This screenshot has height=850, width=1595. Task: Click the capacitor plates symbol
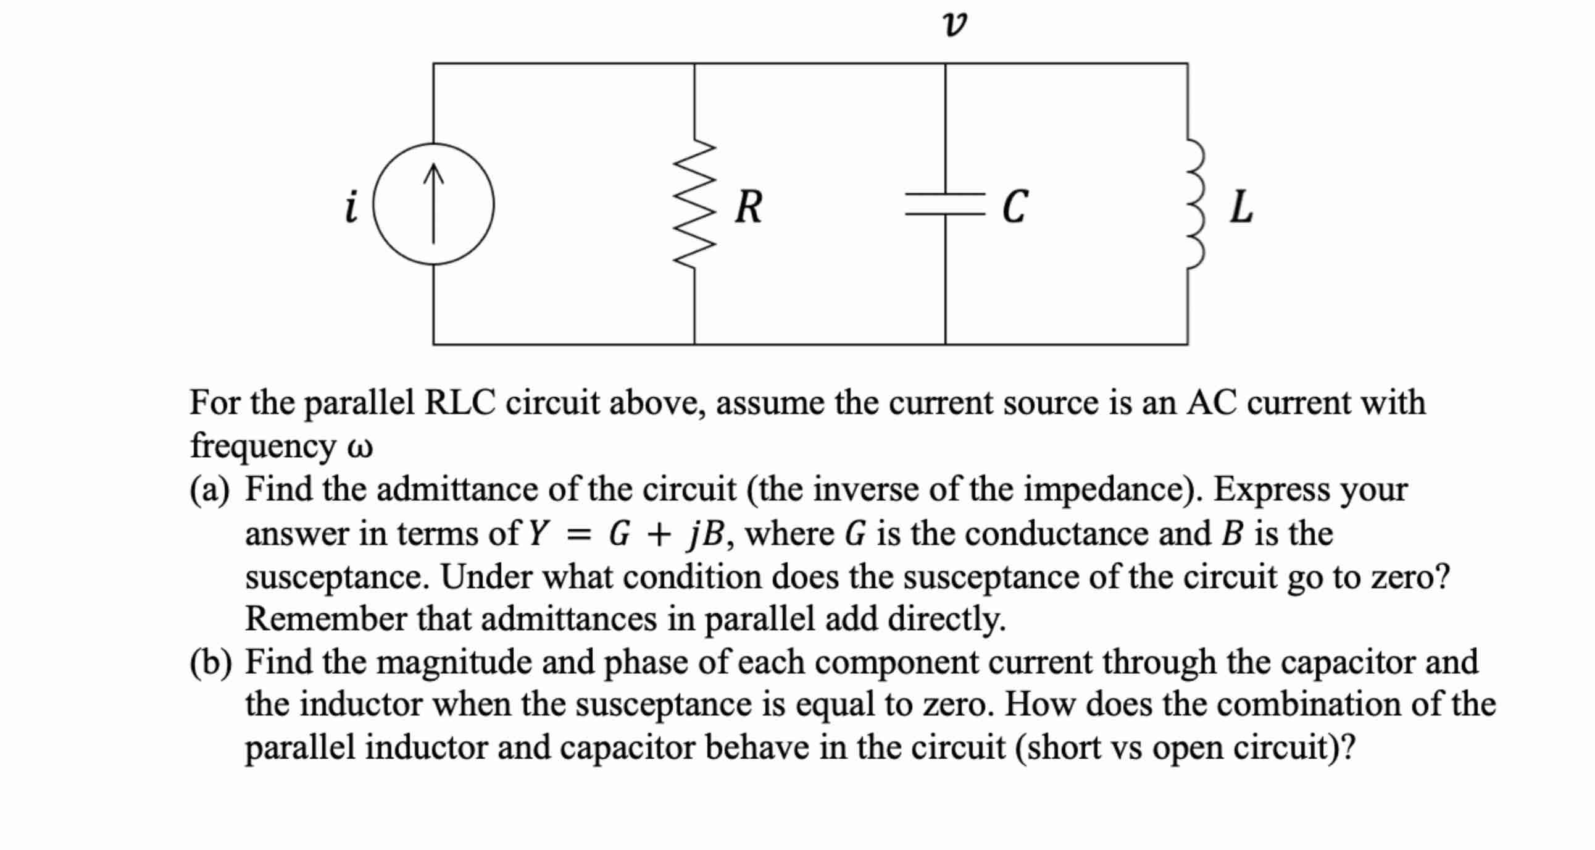[x=945, y=204]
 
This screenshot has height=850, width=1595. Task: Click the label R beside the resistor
[x=749, y=207]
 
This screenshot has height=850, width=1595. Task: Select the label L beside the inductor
[x=1241, y=207]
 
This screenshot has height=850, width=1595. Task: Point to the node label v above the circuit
[x=954, y=25]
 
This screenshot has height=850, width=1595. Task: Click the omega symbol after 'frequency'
[x=360, y=447]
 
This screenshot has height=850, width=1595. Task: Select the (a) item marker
[x=209, y=490]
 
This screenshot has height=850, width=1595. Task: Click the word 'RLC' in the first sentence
[x=460, y=403]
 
